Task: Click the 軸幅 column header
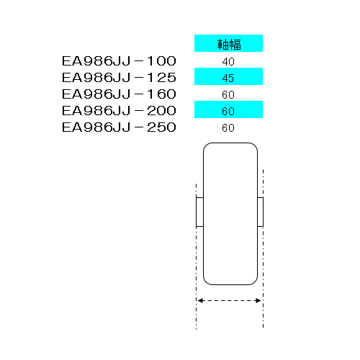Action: tap(229, 45)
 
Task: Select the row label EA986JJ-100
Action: tap(119, 61)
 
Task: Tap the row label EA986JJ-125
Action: tap(119, 78)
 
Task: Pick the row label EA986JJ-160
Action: tap(119, 94)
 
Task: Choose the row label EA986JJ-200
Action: tap(119, 111)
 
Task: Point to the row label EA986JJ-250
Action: tap(119, 127)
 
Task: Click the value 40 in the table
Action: tap(228, 62)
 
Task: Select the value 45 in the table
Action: tap(228, 78)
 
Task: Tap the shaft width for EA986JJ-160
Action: tap(228, 95)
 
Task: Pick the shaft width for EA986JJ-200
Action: tap(228, 112)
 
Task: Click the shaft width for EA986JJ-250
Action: tap(228, 128)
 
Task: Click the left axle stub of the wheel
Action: tap(199, 212)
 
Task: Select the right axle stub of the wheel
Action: tap(261, 212)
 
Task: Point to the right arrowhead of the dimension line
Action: tap(258, 300)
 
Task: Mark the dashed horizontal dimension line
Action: tap(230, 300)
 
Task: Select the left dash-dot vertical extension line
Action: tap(197, 257)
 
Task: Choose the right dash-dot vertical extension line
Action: tap(264, 248)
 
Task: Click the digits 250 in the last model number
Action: tap(161, 127)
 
